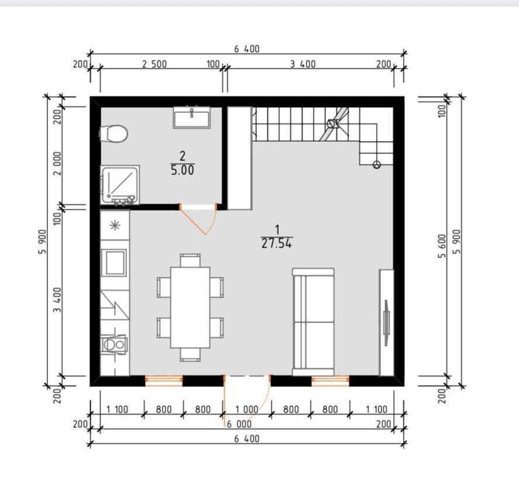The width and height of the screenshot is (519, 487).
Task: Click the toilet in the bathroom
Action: point(114,134)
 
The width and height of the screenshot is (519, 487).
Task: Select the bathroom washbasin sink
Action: point(192,117)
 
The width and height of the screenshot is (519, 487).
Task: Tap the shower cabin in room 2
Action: point(120,185)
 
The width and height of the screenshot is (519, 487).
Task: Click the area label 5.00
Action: point(183,170)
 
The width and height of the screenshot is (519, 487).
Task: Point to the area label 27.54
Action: point(277,243)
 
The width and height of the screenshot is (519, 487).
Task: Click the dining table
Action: point(190,307)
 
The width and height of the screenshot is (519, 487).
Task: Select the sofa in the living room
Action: point(313,322)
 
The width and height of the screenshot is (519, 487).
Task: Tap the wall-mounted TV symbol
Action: point(386,323)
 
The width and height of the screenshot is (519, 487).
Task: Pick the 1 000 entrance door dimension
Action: point(246,410)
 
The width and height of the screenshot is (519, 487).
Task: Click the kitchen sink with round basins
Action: point(114,345)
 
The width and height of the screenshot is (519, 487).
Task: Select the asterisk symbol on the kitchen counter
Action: point(115,225)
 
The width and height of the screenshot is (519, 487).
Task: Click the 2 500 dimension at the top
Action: point(154,64)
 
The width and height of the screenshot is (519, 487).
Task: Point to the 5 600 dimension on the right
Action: point(442,246)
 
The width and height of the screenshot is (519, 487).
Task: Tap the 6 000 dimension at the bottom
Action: point(239,424)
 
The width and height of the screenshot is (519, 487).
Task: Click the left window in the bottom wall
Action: point(164,380)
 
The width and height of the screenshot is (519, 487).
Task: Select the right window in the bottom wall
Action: point(331,380)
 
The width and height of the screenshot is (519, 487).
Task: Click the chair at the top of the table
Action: point(190,260)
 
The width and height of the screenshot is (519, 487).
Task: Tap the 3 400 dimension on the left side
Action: point(57,300)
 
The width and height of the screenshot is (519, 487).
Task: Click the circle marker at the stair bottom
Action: point(377,164)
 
